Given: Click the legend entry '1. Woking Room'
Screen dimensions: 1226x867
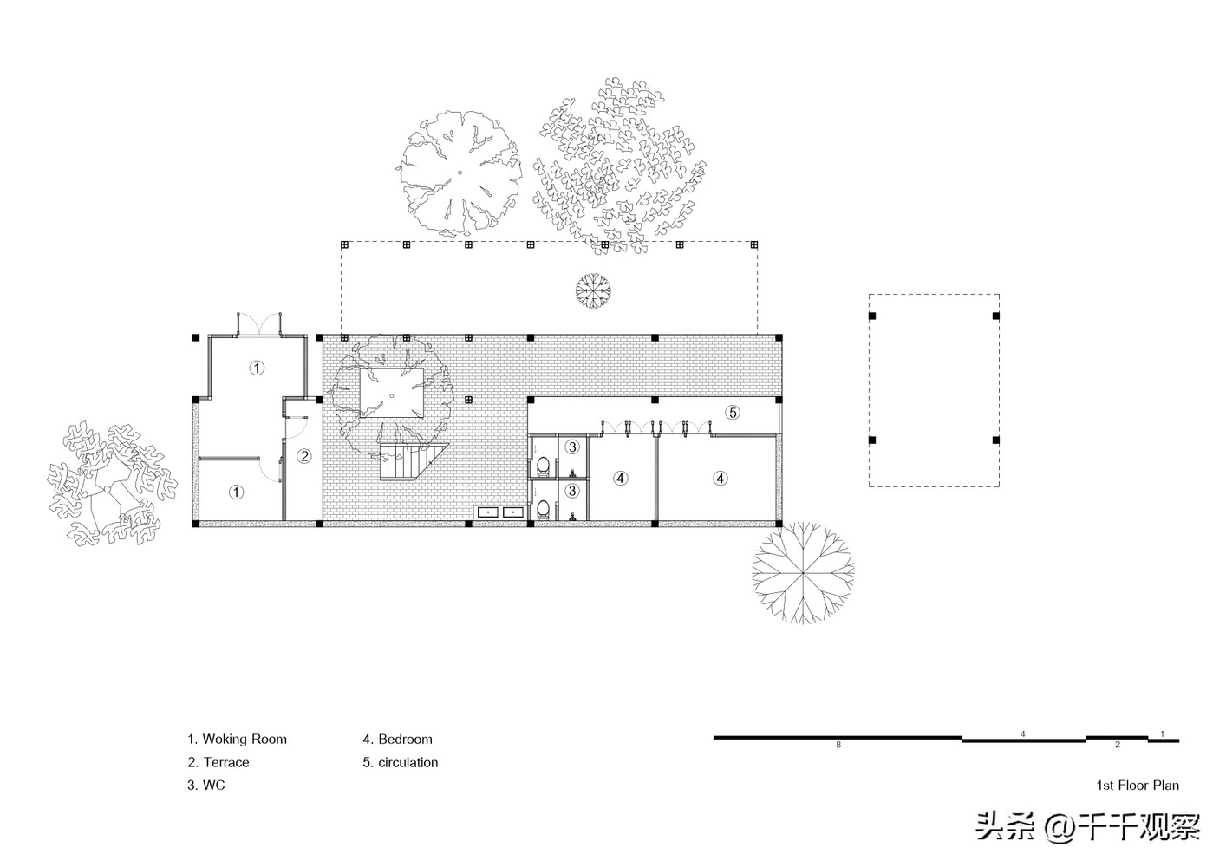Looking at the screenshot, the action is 237,739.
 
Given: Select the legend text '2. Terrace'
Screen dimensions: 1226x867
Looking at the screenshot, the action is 218,762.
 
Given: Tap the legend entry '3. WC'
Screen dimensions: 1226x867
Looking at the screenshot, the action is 205,785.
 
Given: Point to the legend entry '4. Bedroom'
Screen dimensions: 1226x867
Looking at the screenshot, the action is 397,739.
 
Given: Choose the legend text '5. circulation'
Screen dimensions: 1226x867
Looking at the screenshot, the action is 400,762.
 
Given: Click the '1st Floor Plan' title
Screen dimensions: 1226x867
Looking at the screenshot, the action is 1138,785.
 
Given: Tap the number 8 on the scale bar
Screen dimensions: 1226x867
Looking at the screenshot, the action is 838,745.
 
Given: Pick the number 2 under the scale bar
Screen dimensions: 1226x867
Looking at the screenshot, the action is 1118,745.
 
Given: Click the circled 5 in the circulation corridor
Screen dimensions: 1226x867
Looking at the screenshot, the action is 733,412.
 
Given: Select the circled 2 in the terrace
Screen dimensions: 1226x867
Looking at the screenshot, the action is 304,455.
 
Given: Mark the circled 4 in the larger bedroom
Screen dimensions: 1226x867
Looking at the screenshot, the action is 721,478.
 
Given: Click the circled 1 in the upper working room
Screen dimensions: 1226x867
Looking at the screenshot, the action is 257,368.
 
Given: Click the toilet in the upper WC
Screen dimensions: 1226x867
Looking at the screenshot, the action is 543,466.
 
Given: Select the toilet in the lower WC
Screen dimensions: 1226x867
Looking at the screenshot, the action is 543,509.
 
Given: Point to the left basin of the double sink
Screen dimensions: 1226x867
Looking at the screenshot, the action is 486,512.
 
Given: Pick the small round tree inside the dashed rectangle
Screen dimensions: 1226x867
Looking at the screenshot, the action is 593,290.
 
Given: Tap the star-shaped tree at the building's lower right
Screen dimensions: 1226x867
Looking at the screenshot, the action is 802,572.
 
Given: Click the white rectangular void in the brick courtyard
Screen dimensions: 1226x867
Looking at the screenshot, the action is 391,393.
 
